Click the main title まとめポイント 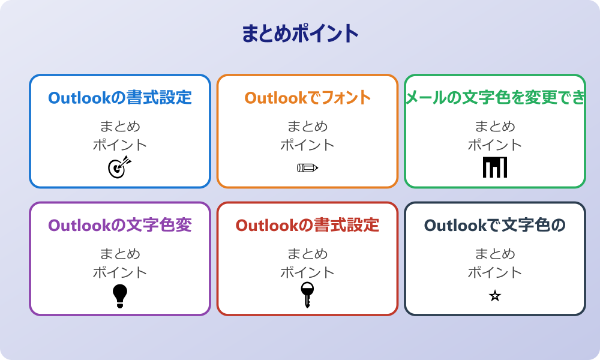point(300,34)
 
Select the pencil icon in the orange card point(307,167)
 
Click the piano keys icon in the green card point(495,167)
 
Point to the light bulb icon point(120,296)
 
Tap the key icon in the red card point(307,295)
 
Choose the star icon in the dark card point(495,296)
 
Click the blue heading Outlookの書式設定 point(120,98)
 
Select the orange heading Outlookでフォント point(307,98)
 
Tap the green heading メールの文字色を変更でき point(495,98)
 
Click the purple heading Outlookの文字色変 point(120,226)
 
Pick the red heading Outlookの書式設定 point(307,226)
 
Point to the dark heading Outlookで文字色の point(495,226)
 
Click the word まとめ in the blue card point(120,127)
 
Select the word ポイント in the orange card point(307,145)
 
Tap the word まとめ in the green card point(495,127)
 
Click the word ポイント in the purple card point(120,272)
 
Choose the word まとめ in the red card point(307,254)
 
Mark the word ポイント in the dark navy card point(495,272)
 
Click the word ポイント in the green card point(495,145)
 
